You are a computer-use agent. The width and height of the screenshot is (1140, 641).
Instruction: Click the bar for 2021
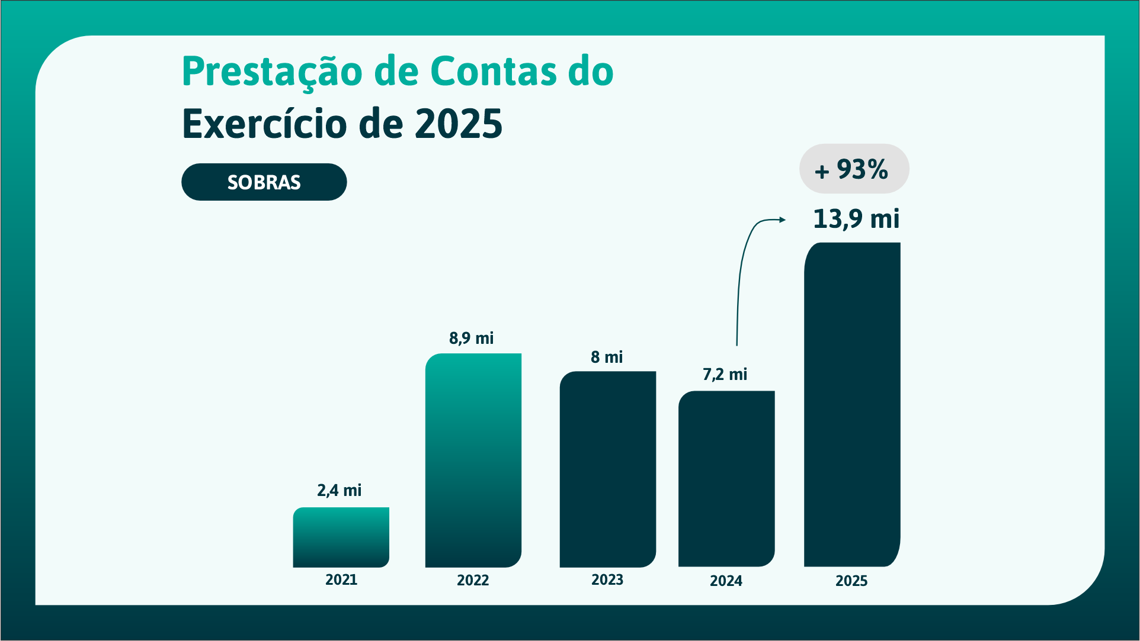click(x=341, y=537)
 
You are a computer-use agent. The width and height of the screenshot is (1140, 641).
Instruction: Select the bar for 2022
click(x=473, y=460)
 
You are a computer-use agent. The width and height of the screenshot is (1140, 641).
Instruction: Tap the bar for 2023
click(x=607, y=469)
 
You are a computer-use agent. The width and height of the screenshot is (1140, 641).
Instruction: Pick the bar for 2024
click(x=726, y=479)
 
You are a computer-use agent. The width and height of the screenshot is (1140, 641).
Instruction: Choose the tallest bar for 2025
click(x=852, y=405)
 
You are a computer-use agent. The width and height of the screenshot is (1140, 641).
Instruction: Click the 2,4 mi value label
click(x=339, y=491)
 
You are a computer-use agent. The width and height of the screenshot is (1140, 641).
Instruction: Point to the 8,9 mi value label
click(x=471, y=339)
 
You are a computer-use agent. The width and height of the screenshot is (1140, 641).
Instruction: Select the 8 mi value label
click(x=607, y=357)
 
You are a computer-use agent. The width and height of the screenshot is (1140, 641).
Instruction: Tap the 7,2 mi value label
click(x=725, y=375)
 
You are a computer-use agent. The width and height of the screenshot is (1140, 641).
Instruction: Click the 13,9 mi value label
click(x=856, y=219)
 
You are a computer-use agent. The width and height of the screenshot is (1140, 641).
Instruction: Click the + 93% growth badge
click(x=854, y=169)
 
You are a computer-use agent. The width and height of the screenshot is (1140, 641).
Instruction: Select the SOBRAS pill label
click(x=264, y=182)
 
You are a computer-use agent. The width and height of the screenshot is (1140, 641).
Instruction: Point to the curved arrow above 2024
click(x=744, y=266)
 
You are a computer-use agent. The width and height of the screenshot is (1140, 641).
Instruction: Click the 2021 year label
click(x=341, y=580)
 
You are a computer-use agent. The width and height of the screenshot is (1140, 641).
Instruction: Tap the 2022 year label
click(x=473, y=581)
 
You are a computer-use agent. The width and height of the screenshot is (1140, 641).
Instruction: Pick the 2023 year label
click(x=607, y=580)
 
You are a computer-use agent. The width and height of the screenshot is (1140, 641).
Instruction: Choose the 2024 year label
click(x=726, y=581)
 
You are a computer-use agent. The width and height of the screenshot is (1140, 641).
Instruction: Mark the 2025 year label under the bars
click(x=851, y=581)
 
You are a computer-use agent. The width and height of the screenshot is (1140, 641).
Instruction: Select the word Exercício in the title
click(x=264, y=124)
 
